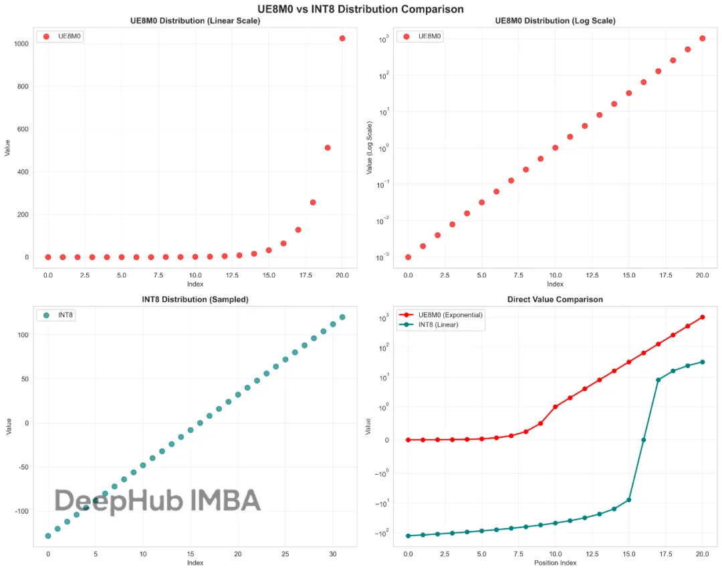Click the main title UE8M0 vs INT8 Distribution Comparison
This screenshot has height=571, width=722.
point(361,9)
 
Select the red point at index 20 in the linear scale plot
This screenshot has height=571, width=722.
point(342,38)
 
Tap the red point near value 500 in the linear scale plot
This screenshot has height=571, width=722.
point(328,148)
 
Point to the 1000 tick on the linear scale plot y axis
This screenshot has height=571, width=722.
point(21,44)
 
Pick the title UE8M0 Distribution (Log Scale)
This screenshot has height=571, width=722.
point(555,21)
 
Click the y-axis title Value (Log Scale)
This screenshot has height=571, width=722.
point(369,148)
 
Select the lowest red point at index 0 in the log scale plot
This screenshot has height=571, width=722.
point(408,257)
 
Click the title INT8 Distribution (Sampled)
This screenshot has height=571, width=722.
point(195,300)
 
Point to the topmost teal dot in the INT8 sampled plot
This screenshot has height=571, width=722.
point(342,317)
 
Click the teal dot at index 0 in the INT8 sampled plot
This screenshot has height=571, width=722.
point(48,536)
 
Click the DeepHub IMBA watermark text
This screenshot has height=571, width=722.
point(157,501)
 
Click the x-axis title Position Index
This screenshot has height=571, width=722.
point(555,562)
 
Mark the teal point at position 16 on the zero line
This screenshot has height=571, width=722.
point(643,439)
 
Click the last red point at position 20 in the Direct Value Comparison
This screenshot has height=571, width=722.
point(702,317)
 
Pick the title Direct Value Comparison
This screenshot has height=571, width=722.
point(555,300)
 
